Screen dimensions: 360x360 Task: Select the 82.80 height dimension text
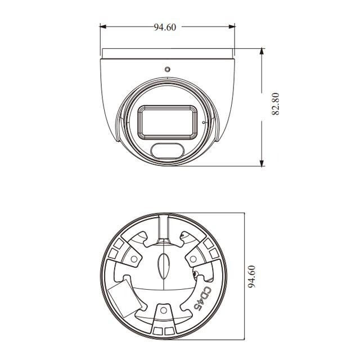276,105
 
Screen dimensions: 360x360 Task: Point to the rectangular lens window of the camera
168,120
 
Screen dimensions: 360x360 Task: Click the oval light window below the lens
167,150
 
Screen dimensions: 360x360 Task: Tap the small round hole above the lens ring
167,69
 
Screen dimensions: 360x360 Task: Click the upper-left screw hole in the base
134,258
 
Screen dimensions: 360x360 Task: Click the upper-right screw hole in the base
193,258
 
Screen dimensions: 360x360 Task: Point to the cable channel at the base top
164,228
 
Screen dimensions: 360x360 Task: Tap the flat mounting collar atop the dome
167,53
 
